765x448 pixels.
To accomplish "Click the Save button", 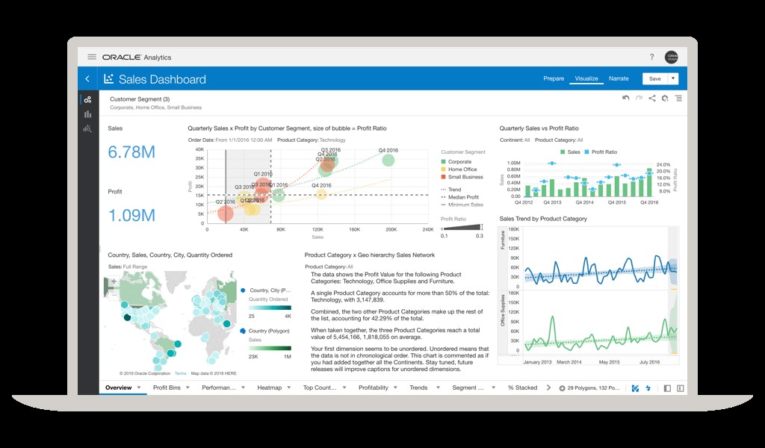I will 654,78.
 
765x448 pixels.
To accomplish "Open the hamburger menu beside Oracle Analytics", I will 92,57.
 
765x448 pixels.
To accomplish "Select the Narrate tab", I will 619,78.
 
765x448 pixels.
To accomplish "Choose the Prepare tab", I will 554,78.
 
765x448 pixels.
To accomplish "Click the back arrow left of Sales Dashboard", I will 87,78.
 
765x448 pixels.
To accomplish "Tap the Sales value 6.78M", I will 131,152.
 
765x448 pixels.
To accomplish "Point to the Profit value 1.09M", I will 131,215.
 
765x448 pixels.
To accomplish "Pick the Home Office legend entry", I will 462,169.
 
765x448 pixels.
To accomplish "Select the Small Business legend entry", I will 465,178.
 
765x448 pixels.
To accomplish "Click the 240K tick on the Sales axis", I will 427,230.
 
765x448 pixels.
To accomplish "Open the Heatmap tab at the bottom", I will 269,388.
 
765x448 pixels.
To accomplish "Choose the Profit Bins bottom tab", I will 167,388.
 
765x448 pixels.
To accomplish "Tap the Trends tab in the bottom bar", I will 418,388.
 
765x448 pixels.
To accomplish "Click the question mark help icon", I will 651,57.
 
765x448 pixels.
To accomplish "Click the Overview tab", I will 119,388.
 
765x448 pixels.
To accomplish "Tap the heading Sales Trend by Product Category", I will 543,219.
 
